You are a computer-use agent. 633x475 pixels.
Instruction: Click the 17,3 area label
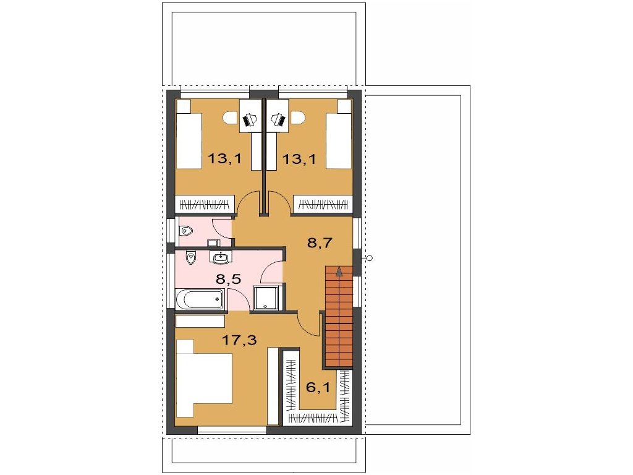[240, 341]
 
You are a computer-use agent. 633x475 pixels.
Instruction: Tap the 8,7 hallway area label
[320, 242]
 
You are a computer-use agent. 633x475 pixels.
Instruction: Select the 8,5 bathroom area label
[229, 279]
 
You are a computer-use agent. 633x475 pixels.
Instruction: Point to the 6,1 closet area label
[318, 388]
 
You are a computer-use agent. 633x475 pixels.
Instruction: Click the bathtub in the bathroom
[200, 300]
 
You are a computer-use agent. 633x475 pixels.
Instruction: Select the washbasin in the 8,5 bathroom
[221, 257]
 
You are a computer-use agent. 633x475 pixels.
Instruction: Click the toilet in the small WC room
[186, 231]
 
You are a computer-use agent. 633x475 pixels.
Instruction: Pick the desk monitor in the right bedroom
[279, 119]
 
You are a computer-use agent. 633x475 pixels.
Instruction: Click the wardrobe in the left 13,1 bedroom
[204, 204]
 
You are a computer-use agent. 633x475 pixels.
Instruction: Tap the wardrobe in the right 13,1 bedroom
[323, 204]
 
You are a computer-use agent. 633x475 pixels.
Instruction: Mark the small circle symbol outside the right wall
[370, 258]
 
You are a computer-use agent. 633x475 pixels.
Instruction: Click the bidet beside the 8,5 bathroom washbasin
[191, 257]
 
